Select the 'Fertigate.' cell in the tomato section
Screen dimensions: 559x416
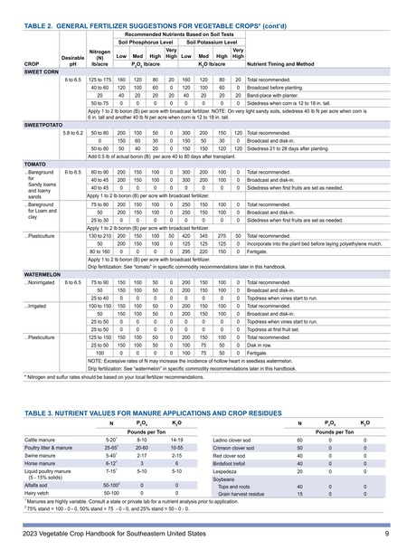(x=261, y=251)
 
